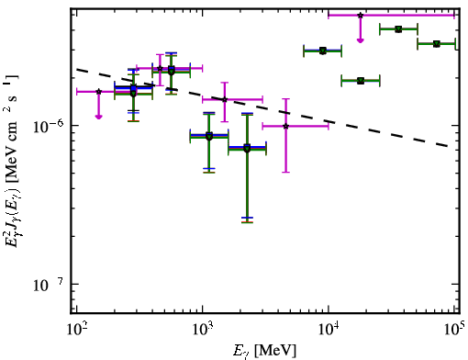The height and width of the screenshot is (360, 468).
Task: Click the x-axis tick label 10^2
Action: pyautogui.click(x=75, y=330)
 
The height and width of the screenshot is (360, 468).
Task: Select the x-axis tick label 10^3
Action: pyautogui.click(x=202, y=330)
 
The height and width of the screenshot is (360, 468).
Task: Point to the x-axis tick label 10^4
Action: pyautogui.click(x=328, y=330)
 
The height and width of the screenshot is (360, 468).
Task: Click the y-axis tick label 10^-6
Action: pyautogui.click(x=48, y=126)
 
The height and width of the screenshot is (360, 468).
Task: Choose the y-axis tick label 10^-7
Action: pyautogui.click(x=48, y=285)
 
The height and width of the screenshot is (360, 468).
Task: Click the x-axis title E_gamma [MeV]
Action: pyautogui.click(x=264, y=350)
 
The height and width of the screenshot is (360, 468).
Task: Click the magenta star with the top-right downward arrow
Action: pyautogui.click(x=361, y=15)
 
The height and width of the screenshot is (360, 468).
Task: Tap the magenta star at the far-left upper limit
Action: pyautogui.click(x=98, y=92)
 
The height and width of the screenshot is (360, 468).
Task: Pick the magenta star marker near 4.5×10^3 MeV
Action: pyautogui.click(x=285, y=126)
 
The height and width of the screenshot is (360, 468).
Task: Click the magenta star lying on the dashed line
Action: pyautogui.click(x=225, y=99)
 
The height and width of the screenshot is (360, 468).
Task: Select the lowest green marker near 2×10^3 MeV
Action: pyautogui.click(x=247, y=149)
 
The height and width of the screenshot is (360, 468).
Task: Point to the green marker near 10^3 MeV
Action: pyautogui.click(x=209, y=137)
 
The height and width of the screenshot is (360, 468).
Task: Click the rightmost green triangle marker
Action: pyautogui.click(x=437, y=44)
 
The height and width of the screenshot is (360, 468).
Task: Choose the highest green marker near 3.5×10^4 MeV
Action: pyautogui.click(x=398, y=29)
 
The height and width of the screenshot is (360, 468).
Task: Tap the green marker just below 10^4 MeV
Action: pyautogui.click(x=323, y=51)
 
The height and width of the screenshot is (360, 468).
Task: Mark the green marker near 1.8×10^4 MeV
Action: pyautogui.click(x=361, y=81)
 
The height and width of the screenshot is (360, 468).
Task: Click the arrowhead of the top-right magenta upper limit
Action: pyautogui.click(x=361, y=40)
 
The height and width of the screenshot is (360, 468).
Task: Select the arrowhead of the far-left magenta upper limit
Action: pyautogui.click(x=98, y=117)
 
